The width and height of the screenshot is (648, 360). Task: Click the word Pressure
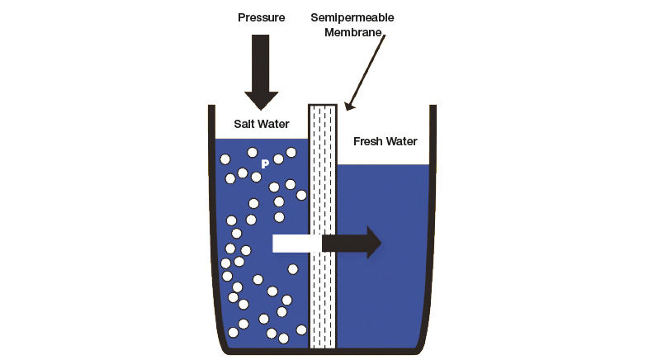click(x=261, y=17)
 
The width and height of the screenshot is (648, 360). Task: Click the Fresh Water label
click(x=385, y=141)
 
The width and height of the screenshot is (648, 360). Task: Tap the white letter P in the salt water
click(x=265, y=164)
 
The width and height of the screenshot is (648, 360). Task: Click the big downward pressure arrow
click(x=261, y=70)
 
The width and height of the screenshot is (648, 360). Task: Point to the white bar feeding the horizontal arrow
click(x=296, y=244)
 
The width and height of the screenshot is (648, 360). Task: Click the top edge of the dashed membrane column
click(x=322, y=106)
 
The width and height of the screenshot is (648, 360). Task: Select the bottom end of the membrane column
click(x=322, y=346)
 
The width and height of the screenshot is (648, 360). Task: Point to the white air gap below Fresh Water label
click(x=384, y=157)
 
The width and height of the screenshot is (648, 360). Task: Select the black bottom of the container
click(x=322, y=352)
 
